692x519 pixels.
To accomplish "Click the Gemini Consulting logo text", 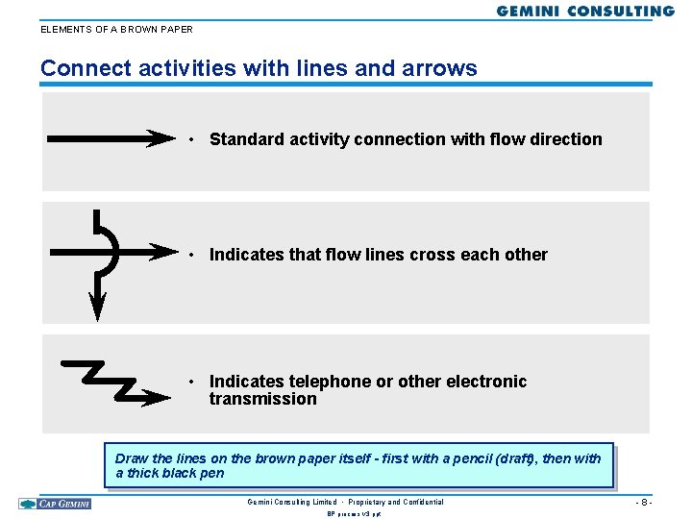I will coord(585,12).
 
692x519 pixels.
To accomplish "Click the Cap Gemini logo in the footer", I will coord(55,504).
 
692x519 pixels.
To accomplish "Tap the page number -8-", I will coord(643,503).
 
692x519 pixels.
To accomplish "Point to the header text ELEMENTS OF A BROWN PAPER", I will coord(116,29).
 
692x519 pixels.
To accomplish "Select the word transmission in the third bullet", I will coord(262,399).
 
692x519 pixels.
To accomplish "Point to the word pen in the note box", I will coord(212,473).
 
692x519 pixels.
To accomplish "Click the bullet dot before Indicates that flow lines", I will coord(193,255).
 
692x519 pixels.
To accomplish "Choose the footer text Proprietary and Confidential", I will coord(395,503).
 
